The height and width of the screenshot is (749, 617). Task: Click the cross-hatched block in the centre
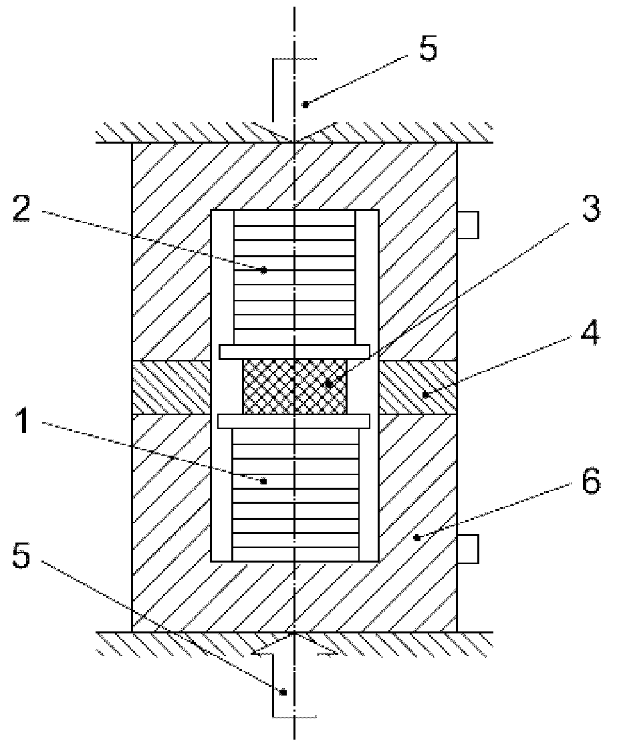click(295, 387)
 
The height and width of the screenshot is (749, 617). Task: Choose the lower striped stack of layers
click(295, 494)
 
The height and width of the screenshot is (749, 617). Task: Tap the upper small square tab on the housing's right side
click(468, 225)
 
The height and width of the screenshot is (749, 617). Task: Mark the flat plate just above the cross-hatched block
click(295, 351)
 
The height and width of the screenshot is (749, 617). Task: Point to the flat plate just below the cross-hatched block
click(295, 421)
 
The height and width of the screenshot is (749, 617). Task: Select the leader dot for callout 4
click(424, 395)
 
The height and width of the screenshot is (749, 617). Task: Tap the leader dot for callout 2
click(264, 270)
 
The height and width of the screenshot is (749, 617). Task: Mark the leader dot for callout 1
click(264, 480)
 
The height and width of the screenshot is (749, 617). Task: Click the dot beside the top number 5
click(305, 104)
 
